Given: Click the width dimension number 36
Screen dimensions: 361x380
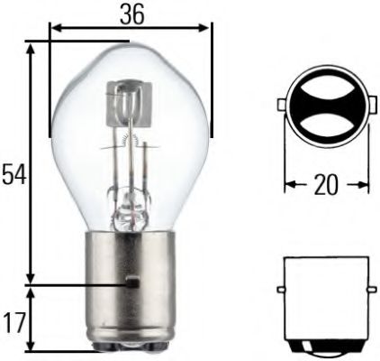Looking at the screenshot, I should (131, 14).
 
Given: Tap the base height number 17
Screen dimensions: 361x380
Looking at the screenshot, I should (13, 321).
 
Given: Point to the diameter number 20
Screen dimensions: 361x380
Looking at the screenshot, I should (325, 186).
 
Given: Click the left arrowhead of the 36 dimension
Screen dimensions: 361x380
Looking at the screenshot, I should (54, 28).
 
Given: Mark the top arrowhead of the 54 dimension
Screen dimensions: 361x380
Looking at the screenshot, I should (32, 46).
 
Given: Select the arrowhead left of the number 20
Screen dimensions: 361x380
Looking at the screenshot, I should (289, 186).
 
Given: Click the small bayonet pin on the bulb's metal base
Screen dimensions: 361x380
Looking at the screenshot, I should (132, 282).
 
